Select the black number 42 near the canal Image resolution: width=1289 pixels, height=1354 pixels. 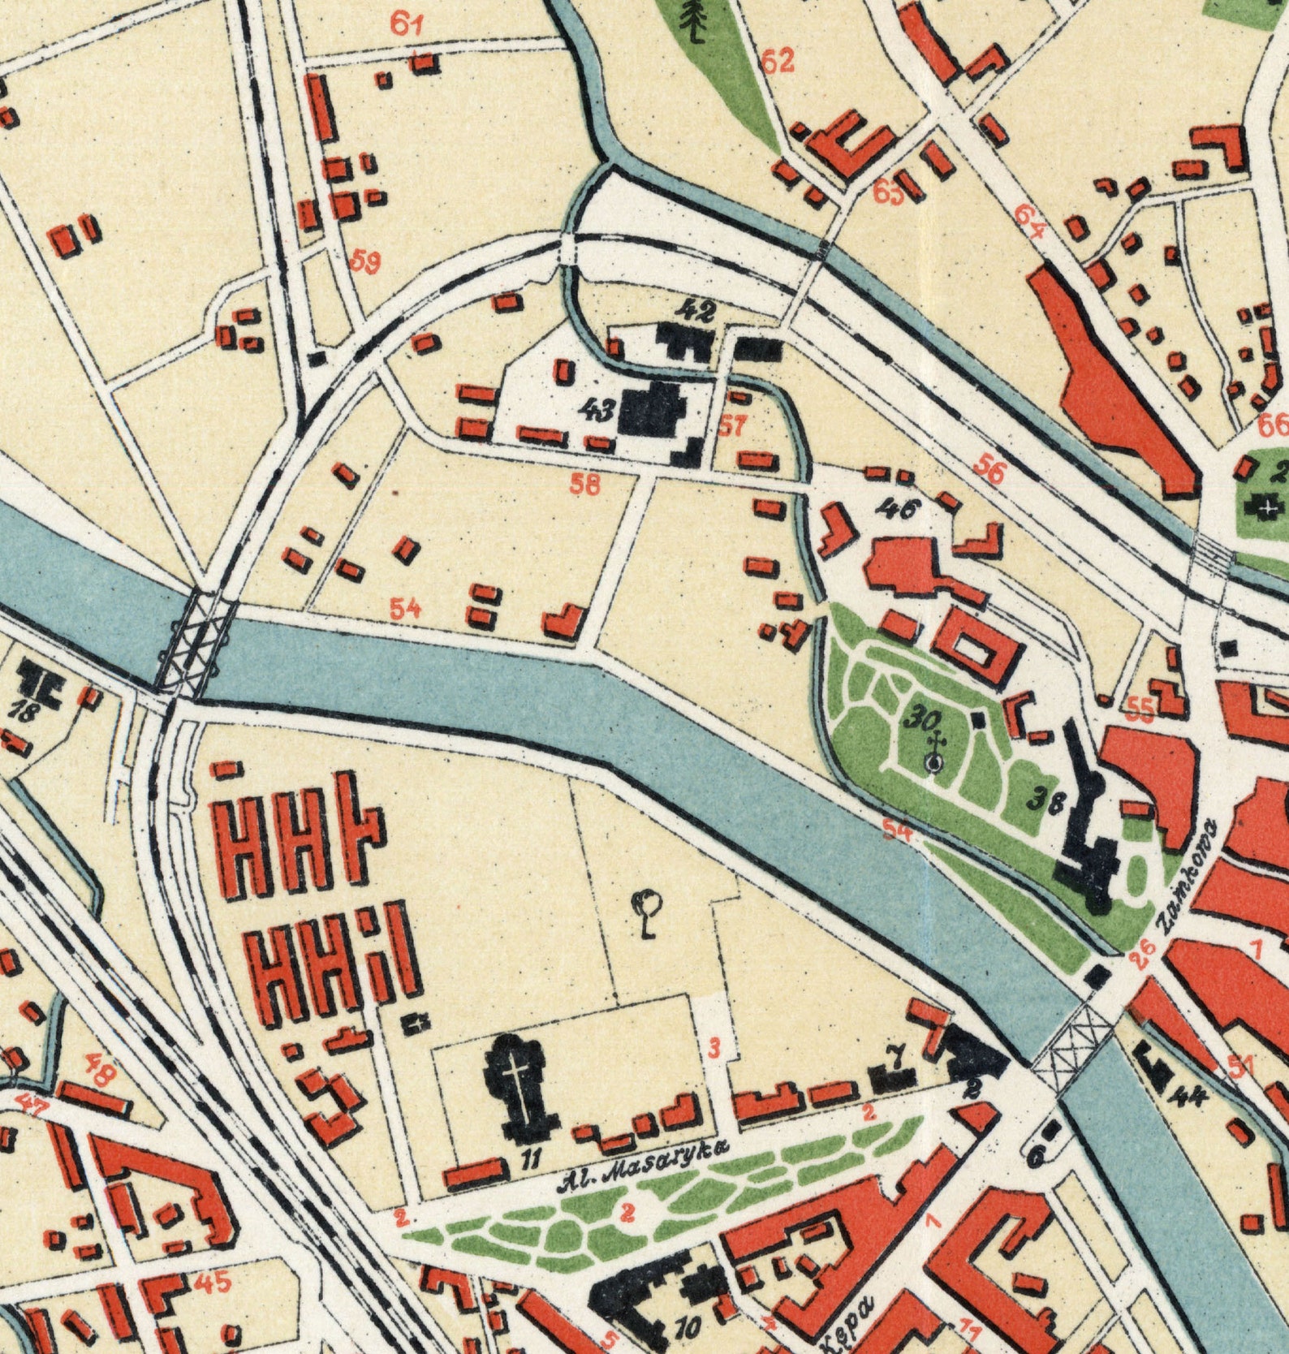697,311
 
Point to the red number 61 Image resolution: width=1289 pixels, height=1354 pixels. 407,24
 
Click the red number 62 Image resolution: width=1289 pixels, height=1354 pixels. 778,61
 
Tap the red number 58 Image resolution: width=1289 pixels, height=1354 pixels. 585,485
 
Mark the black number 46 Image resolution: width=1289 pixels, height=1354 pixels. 899,510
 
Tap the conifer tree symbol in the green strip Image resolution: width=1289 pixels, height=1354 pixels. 693,20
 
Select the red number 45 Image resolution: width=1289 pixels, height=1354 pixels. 213,1283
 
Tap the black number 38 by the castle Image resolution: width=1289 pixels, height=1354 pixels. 1047,801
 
